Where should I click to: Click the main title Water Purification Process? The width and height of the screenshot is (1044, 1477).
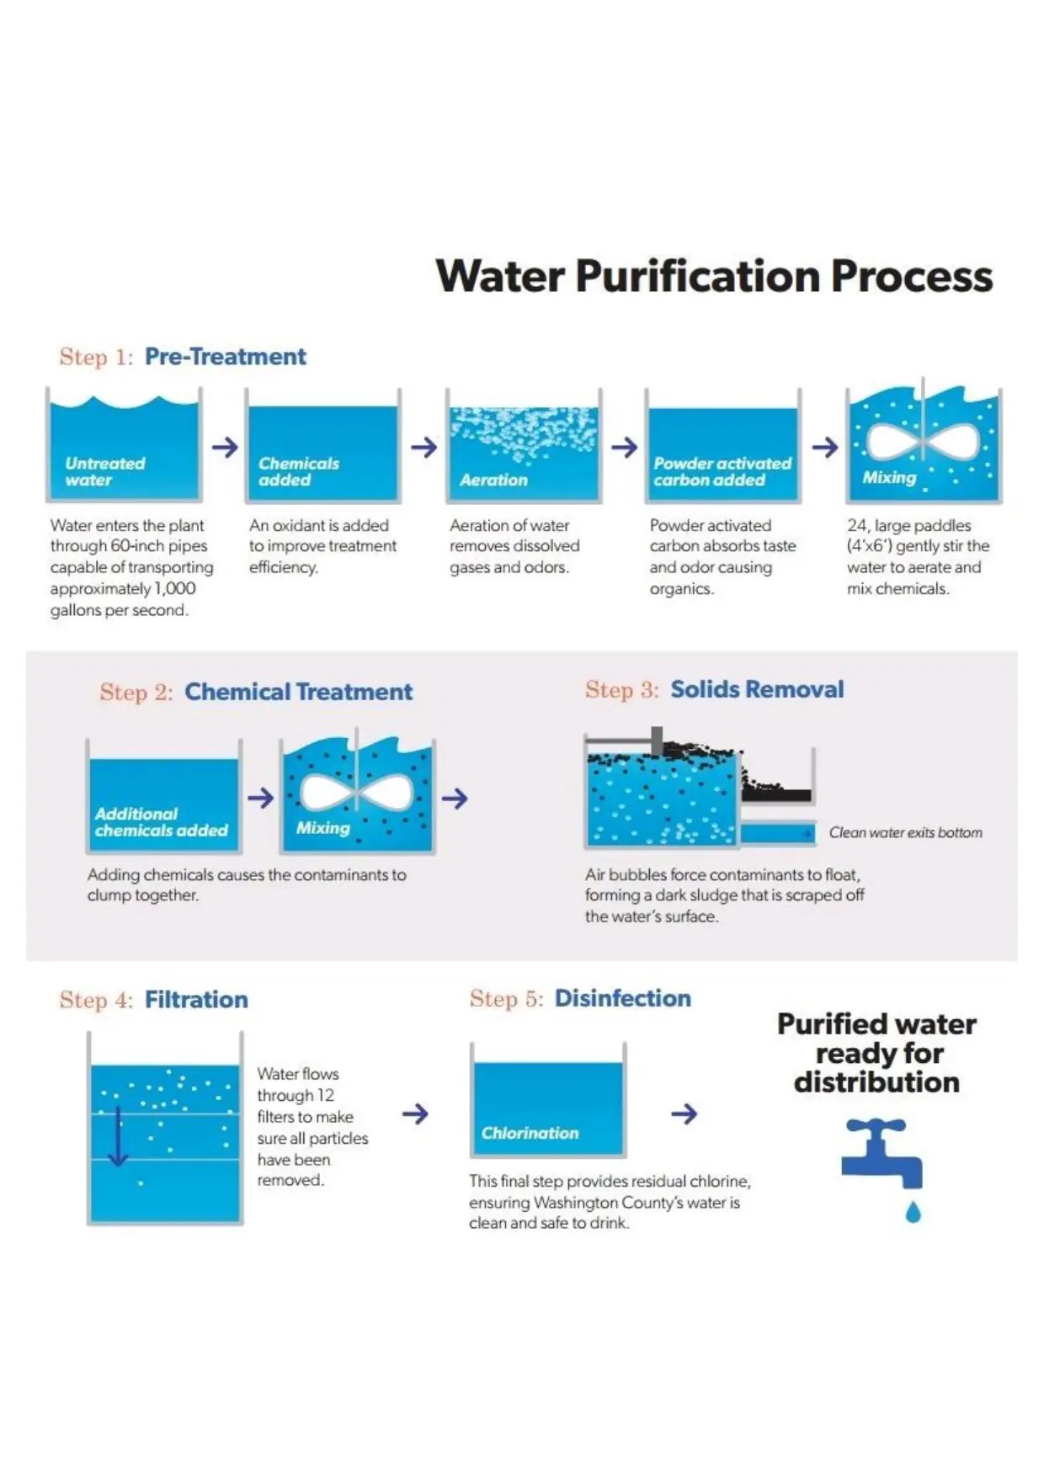click(714, 276)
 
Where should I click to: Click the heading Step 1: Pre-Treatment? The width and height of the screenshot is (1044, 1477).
click(183, 357)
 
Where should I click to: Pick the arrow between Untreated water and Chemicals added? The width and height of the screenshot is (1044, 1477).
click(225, 447)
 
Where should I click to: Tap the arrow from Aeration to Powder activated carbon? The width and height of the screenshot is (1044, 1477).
click(624, 447)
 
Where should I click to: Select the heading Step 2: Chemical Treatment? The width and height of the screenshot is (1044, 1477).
click(256, 692)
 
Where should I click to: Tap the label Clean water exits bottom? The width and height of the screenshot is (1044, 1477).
click(905, 832)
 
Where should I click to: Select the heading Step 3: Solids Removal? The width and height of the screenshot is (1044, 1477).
click(714, 689)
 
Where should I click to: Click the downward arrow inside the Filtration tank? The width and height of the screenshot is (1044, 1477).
click(119, 1136)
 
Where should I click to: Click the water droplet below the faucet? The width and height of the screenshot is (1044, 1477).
click(913, 1212)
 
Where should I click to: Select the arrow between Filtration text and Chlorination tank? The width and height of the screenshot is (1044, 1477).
click(415, 1114)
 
